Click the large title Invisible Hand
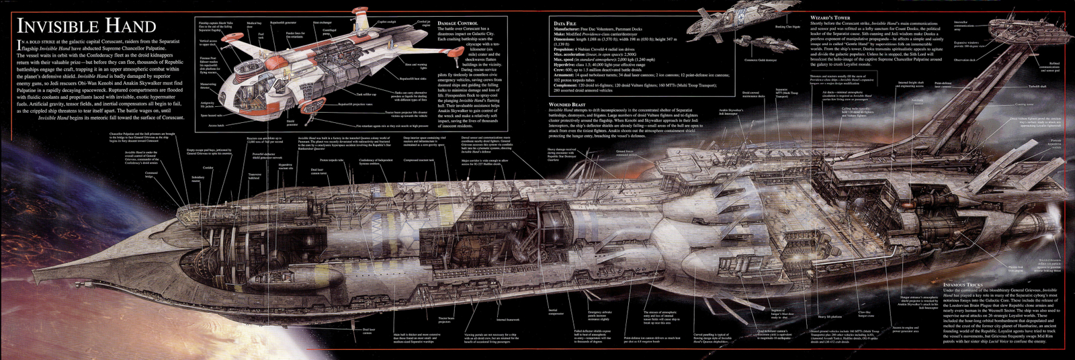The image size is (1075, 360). pos(86,26)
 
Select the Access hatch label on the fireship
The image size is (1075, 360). pos(216,125)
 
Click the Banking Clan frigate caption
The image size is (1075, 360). pos(787,27)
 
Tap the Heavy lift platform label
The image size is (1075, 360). pos(830,316)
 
